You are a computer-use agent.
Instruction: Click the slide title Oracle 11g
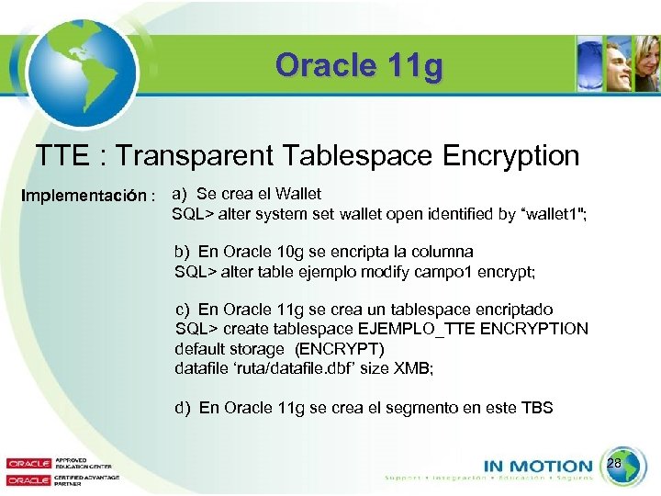pos(359,65)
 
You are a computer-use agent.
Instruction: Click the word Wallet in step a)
pos(298,194)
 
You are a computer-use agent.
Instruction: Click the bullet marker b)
pos(182,252)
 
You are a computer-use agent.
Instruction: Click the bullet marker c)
pos(182,310)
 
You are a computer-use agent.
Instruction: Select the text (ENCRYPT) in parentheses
pos(340,349)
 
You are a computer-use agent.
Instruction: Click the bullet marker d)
pos(183,408)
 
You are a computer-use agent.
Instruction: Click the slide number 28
pos(615,465)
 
